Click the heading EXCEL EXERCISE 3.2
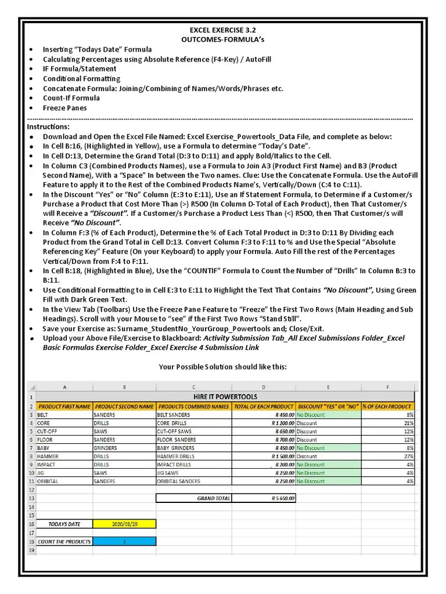point(222,29)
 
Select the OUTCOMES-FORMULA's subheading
point(222,39)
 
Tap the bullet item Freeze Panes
point(64,108)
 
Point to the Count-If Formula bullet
point(71,98)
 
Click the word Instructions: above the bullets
point(48,126)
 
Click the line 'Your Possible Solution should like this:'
point(222,367)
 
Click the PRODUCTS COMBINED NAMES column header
point(193,407)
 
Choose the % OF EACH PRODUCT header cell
point(388,407)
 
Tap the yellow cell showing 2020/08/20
point(124,524)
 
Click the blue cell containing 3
point(124,541)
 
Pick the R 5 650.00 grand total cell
point(264,498)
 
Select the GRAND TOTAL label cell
point(194,498)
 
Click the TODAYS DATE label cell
point(64,524)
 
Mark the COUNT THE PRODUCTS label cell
point(64,541)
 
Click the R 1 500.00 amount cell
point(264,457)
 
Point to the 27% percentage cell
point(388,457)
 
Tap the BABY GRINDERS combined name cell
point(193,448)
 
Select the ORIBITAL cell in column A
point(64,481)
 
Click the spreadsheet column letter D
point(264,387)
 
